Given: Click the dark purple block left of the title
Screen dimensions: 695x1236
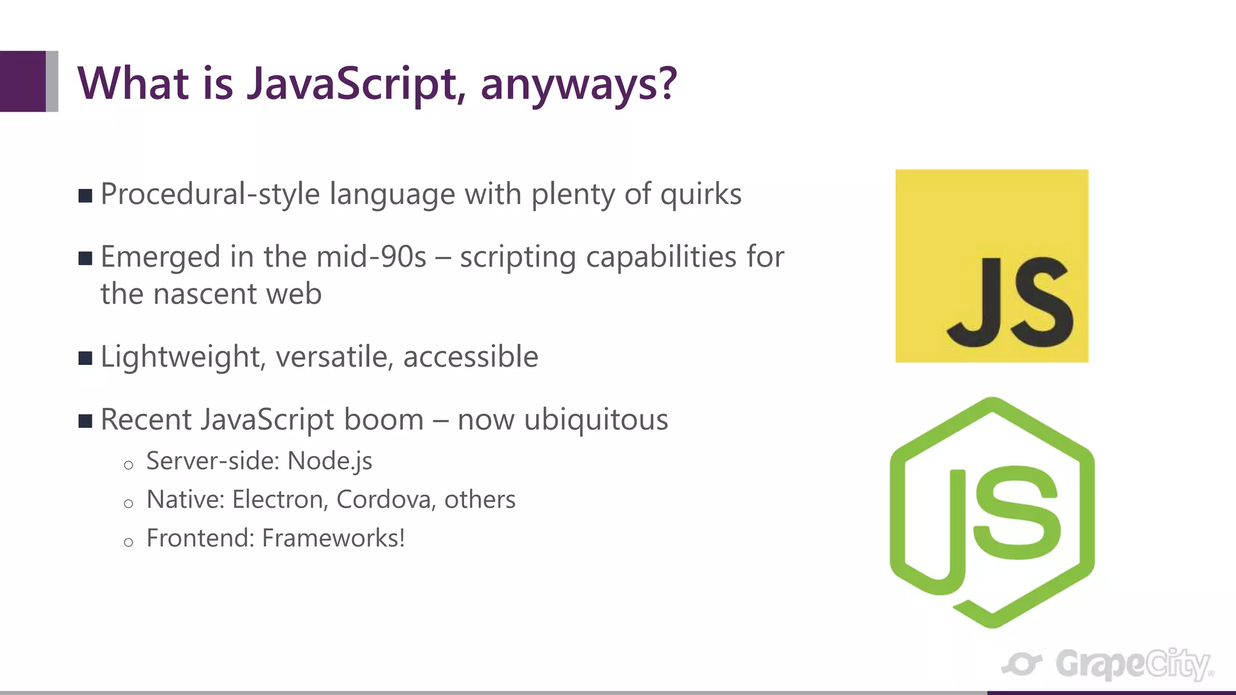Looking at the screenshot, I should [x=23, y=81].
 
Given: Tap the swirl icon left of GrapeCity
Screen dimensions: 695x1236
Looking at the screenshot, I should [x=1021, y=664].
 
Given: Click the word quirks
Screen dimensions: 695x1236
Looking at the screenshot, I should [x=701, y=194].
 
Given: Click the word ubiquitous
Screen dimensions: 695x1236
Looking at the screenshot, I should [x=596, y=419].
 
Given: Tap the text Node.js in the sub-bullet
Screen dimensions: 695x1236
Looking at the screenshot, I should [x=330, y=461].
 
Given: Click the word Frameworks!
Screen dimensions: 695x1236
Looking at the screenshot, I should [x=333, y=538].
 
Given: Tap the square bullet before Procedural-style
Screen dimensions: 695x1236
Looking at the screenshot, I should [x=85, y=195].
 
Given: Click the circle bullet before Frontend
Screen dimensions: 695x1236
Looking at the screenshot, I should [x=128, y=542].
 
